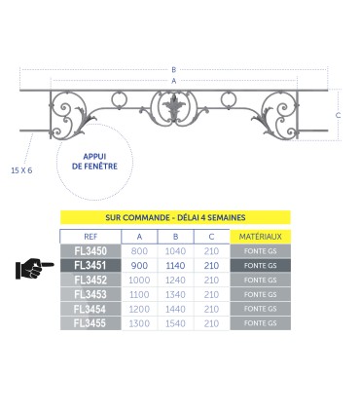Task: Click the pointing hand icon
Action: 34,268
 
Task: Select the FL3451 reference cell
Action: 90,266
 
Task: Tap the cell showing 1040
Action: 175,251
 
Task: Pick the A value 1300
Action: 139,323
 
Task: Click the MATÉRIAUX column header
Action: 261,237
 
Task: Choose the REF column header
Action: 90,237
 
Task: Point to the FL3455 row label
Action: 90,323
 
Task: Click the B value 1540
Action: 175,323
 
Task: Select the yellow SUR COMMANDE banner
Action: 175,217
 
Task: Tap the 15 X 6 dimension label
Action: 21,170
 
